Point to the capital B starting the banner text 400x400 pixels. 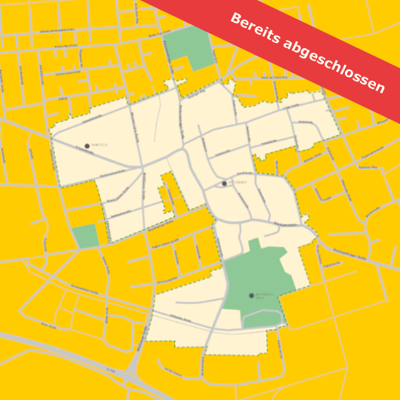pyautogui.click(x=235, y=20)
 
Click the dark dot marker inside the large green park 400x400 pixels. pyautogui.click(x=251, y=296)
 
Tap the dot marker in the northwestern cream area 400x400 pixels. pyautogui.click(x=87, y=146)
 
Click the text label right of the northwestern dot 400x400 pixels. pyautogui.click(x=99, y=145)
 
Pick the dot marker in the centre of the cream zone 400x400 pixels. pyautogui.click(x=224, y=183)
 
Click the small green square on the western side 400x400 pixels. pyautogui.click(x=85, y=235)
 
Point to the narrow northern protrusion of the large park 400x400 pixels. pyautogui.click(x=254, y=245)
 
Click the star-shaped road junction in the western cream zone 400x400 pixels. pyautogui.click(x=141, y=167)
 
